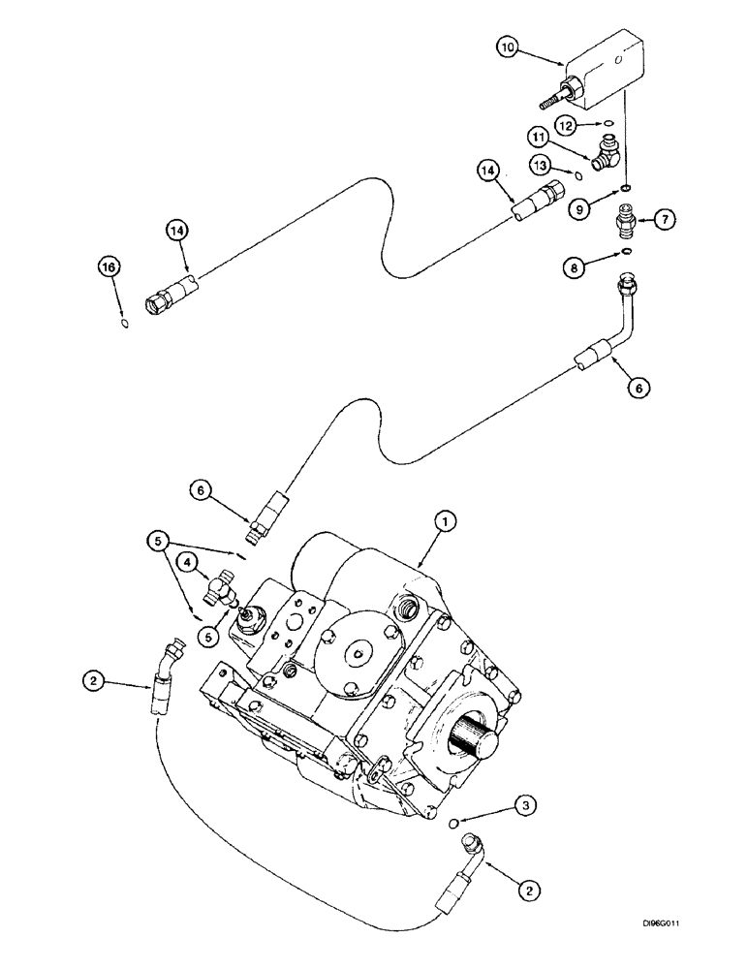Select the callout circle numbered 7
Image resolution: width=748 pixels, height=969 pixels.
click(664, 220)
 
